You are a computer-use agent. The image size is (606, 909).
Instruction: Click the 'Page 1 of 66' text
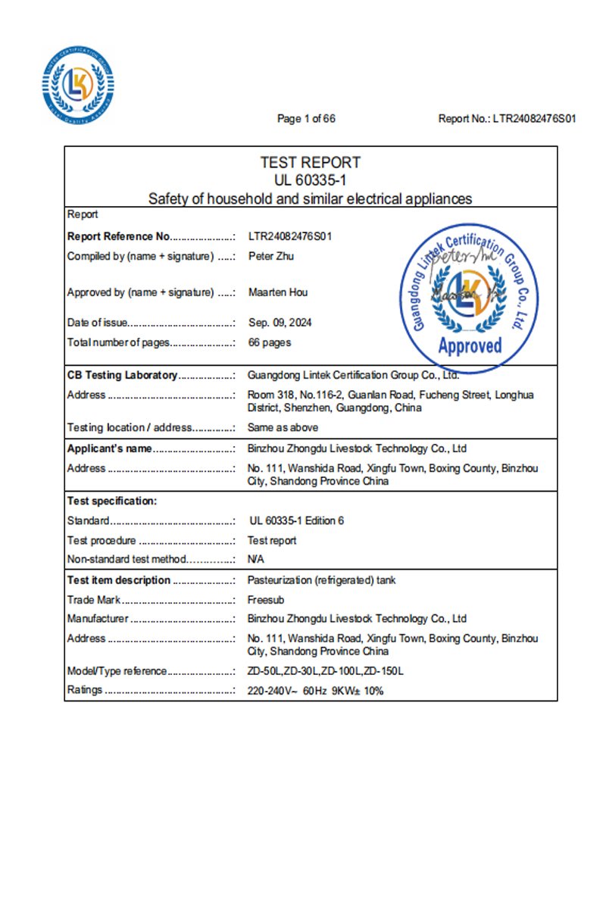(x=306, y=119)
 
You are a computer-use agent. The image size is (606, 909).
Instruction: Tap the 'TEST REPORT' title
(x=310, y=162)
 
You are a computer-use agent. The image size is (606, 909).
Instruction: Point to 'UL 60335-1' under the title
(x=310, y=180)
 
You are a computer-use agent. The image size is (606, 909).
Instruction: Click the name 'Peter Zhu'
(x=271, y=256)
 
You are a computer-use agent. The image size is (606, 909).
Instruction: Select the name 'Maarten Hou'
(x=278, y=292)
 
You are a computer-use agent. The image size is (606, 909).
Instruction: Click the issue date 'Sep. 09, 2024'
(x=280, y=322)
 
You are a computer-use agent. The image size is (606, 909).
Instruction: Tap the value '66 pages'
(x=270, y=342)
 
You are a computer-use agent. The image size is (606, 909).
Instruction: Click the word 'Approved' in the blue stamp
(x=470, y=346)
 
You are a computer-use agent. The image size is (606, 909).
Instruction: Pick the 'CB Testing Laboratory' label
(x=123, y=375)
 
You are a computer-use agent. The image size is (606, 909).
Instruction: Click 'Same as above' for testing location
(x=283, y=427)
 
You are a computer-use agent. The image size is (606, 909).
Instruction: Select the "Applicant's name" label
(x=110, y=448)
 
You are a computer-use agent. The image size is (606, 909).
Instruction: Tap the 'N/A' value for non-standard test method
(x=255, y=559)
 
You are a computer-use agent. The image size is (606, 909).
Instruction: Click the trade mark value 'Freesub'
(x=266, y=599)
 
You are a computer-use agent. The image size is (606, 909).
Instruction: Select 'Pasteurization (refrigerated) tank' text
(x=321, y=580)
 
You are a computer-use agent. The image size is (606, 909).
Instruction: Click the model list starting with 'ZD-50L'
(x=326, y=670)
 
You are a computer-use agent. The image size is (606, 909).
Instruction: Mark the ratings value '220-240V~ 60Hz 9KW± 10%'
(x=315, y=690)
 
